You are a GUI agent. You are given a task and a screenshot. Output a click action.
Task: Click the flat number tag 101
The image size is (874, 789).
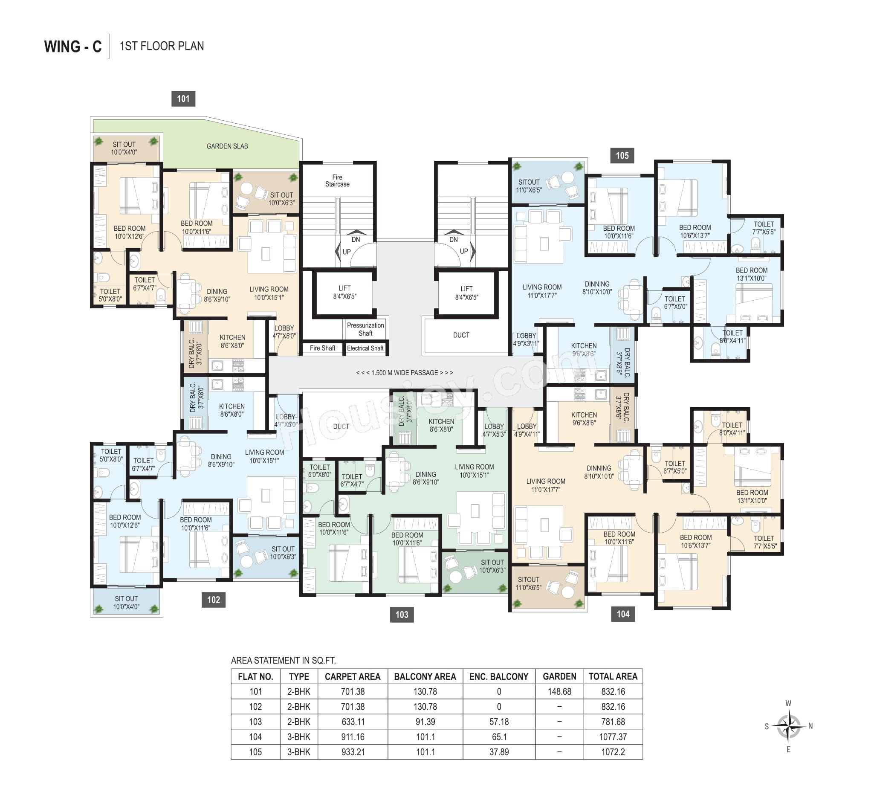pos(183,99)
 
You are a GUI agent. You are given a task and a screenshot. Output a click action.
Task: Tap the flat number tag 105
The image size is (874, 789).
pos(622,156)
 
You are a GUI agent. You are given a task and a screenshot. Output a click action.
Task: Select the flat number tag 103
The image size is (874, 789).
pos(402,614)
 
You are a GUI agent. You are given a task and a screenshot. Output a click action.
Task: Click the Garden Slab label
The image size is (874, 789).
pos(227,147)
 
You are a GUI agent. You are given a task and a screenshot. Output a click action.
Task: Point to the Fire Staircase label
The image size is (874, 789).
pos(338,181)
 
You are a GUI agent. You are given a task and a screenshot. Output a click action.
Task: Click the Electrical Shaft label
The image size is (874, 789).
pos(365,348)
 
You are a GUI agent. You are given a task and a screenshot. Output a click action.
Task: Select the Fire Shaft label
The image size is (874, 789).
pos(322,348)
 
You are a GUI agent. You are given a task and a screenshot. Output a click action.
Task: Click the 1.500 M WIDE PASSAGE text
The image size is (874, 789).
pos(405,373)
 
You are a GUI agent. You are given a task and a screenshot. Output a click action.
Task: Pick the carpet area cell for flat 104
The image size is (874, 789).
pos(353,737)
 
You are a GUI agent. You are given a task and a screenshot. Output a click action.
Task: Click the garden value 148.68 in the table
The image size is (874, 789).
pos(559,691)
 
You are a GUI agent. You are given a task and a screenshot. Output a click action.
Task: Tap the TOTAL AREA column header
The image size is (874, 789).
pos(613,676)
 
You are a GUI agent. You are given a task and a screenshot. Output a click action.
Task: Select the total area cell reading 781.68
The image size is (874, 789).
pos(613,721)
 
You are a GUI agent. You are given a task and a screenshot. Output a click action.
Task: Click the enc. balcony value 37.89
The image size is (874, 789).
pos(499,752)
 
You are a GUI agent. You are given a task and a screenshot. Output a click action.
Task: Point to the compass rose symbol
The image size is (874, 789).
pos(788,726)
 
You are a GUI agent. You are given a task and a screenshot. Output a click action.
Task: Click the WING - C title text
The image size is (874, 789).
pos(73,46)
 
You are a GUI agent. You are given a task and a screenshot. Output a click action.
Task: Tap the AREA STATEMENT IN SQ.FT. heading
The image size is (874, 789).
pos(284,660)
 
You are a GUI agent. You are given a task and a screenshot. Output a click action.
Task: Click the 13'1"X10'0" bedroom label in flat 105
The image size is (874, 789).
pos(751,278)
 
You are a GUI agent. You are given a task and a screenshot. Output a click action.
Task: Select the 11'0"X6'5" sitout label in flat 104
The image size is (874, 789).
pos(529,588)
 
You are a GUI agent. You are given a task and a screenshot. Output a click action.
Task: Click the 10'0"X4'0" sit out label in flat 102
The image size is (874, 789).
pos(126,606)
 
